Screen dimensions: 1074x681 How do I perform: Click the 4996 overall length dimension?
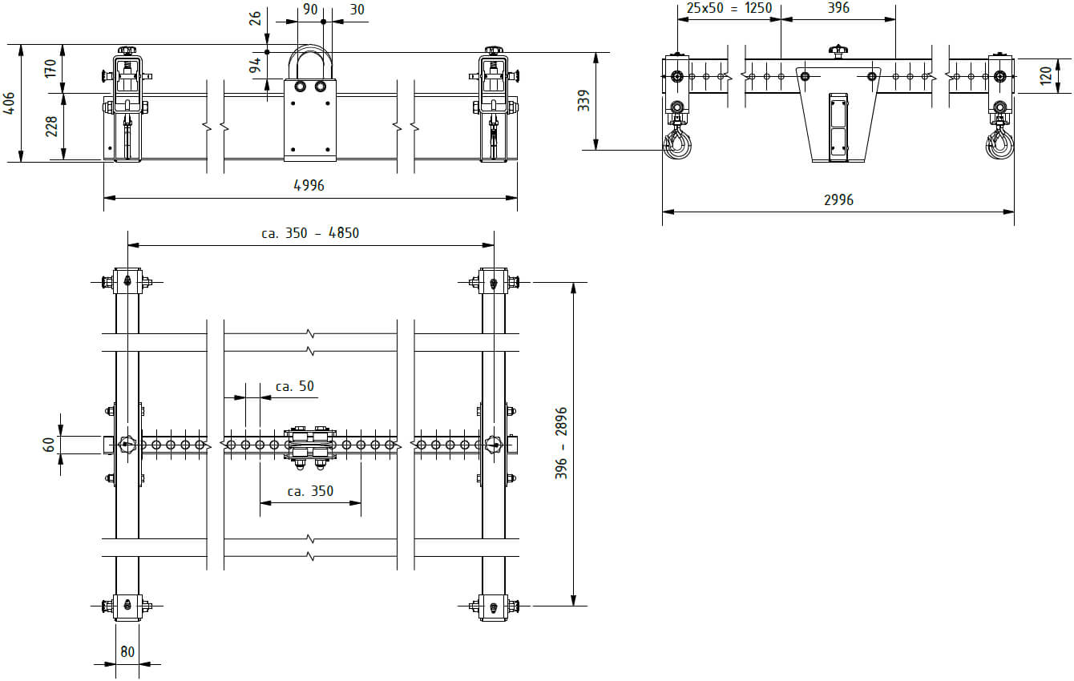(x=309, y=185)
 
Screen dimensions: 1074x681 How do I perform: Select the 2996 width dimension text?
(x=838, y=199)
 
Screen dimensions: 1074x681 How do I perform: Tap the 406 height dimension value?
(x=9, y=103)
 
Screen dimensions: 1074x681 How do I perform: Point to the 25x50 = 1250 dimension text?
(x=729, y=8)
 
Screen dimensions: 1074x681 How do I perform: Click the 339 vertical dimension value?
(x=583, y=101)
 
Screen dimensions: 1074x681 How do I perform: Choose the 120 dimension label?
(x=1046, y=76)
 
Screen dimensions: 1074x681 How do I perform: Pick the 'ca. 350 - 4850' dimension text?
(x=310, y=233)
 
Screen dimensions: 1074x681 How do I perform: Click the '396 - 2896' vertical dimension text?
(x=561, y=443)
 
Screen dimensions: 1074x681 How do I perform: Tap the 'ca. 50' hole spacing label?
(x=294, y=386)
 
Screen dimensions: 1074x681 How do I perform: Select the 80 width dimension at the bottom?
(x=127, y=652)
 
